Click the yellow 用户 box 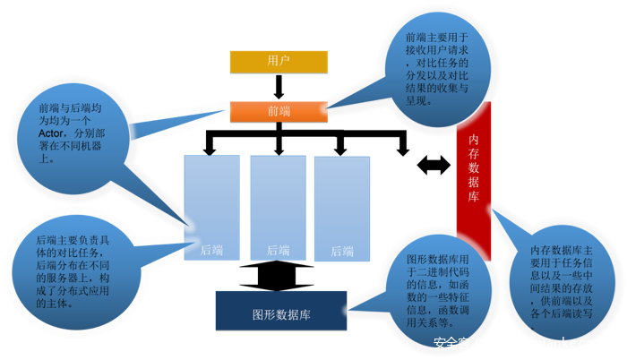[x=278, y=61]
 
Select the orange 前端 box [x=278, y=111]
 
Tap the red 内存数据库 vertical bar [x=474, y=170]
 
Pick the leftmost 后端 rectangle [x=211, y=207]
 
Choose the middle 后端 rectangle [x=278, y=207]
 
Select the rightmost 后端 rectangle [x=341, y=207]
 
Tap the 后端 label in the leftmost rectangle [x=211, y=251]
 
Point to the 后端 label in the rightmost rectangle [x=342, y=253]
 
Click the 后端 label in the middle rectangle [x=278, y=251]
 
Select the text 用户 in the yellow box [x=279, y=61]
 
